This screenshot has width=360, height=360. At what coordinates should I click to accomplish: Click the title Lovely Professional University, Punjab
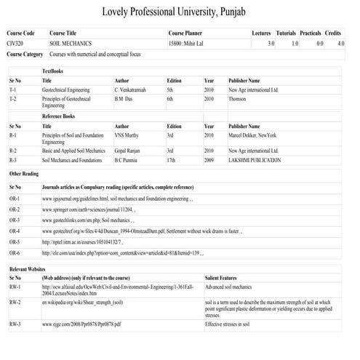pyautogui.click(x=180, y=12)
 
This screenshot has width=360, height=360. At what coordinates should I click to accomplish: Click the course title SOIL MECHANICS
pyautogui.click(x=66, y=44)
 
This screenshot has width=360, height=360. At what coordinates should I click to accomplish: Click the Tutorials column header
pyautogui.click(x=286, y=34)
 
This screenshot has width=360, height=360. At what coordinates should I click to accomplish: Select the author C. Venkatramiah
pyautogui.click(x=132, y=89)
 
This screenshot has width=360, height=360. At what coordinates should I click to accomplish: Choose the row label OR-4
pyautogui.click(x=15, y=231)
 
